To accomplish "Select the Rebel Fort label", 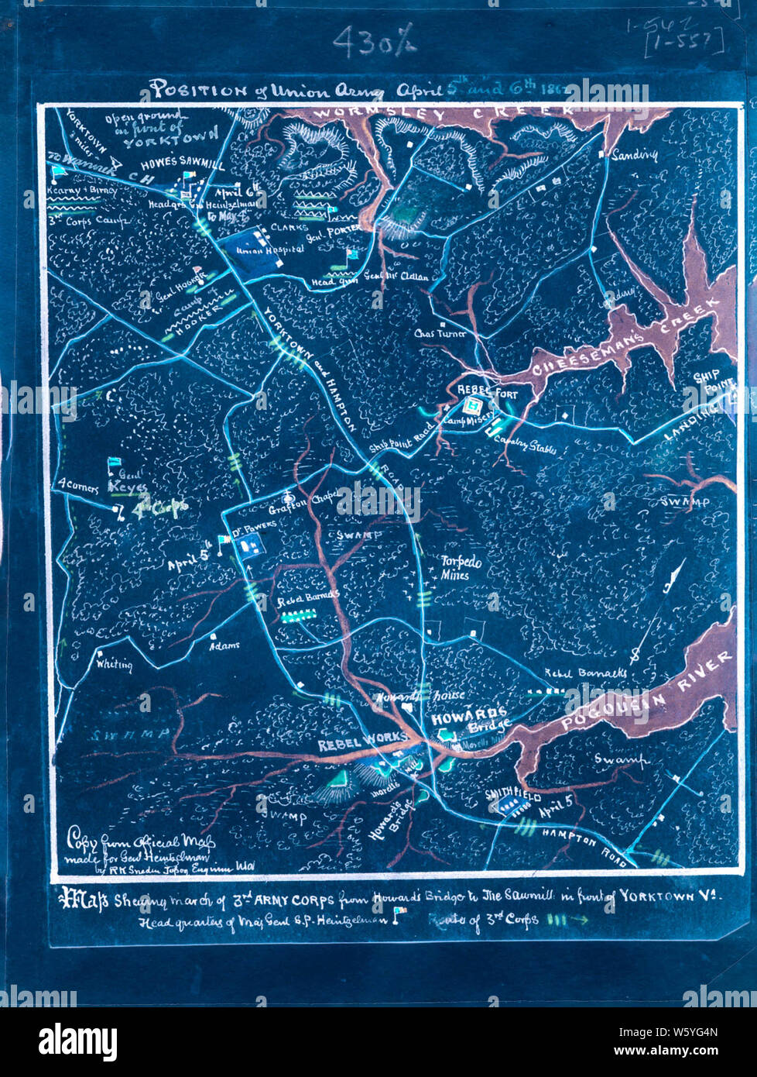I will pos(487,391).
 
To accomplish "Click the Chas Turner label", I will pos(440,333).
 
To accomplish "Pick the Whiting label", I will pos(114,664).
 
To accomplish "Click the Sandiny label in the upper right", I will pos(634,155).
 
